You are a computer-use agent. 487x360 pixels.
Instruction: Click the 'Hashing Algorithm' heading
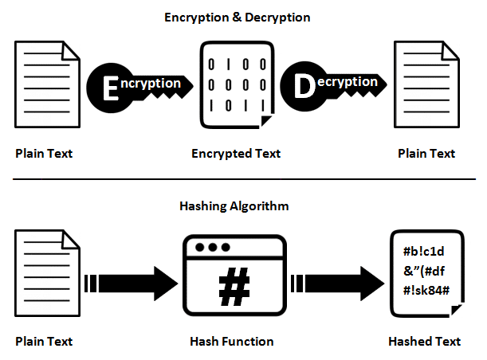click(235, 205)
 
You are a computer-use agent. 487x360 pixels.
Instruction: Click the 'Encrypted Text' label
click(236, 154)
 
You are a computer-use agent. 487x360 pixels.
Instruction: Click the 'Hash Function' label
click(232, 342)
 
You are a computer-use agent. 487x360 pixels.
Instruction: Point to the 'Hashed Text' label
click(424, 342)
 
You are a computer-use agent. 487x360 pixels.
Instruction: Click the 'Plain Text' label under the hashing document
click(44, 342)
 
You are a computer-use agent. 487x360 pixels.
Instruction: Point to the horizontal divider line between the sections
click(243, 179)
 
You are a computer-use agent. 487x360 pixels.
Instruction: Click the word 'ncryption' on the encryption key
click(155, 82)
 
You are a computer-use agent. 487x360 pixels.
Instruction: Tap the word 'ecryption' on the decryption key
click(349, 82)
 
